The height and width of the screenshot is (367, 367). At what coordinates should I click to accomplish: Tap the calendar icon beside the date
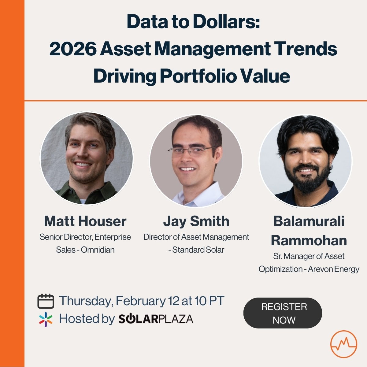(x=46, y=301)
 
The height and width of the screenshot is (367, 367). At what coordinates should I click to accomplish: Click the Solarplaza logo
(x=156, y=319)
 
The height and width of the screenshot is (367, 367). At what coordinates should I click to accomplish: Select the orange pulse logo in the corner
(x=343, y=344)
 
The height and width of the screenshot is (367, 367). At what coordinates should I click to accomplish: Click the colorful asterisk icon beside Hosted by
(x=46, y=319)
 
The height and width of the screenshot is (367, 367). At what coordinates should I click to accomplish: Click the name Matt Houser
(x=85, y=221)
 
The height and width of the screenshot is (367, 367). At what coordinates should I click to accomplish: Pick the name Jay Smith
(x=196, y=221)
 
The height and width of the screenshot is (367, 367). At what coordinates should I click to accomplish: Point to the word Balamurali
(x=309, y=221)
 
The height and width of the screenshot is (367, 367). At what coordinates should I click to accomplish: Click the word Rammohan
(x=309, y=240)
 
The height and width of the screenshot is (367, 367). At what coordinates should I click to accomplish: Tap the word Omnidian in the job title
(x=98, y=250)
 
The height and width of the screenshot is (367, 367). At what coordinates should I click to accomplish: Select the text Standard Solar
(x=198, y=250)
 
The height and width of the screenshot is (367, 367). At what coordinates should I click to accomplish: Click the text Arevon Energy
(x=333, y=269)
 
